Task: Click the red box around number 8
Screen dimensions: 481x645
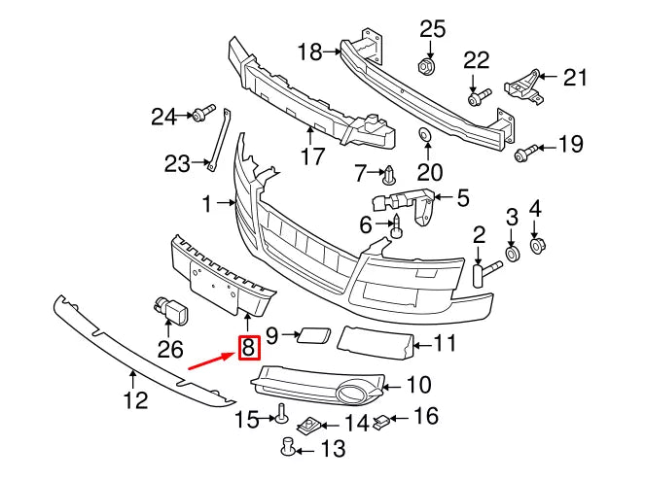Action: [x=248, y=346]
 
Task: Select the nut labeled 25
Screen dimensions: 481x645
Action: [x=425, y=66]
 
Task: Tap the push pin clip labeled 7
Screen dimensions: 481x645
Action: [x=390, y=176]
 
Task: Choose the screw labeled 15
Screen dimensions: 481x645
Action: [x=280, y=414]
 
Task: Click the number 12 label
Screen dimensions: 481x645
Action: [x=135, y=399]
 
